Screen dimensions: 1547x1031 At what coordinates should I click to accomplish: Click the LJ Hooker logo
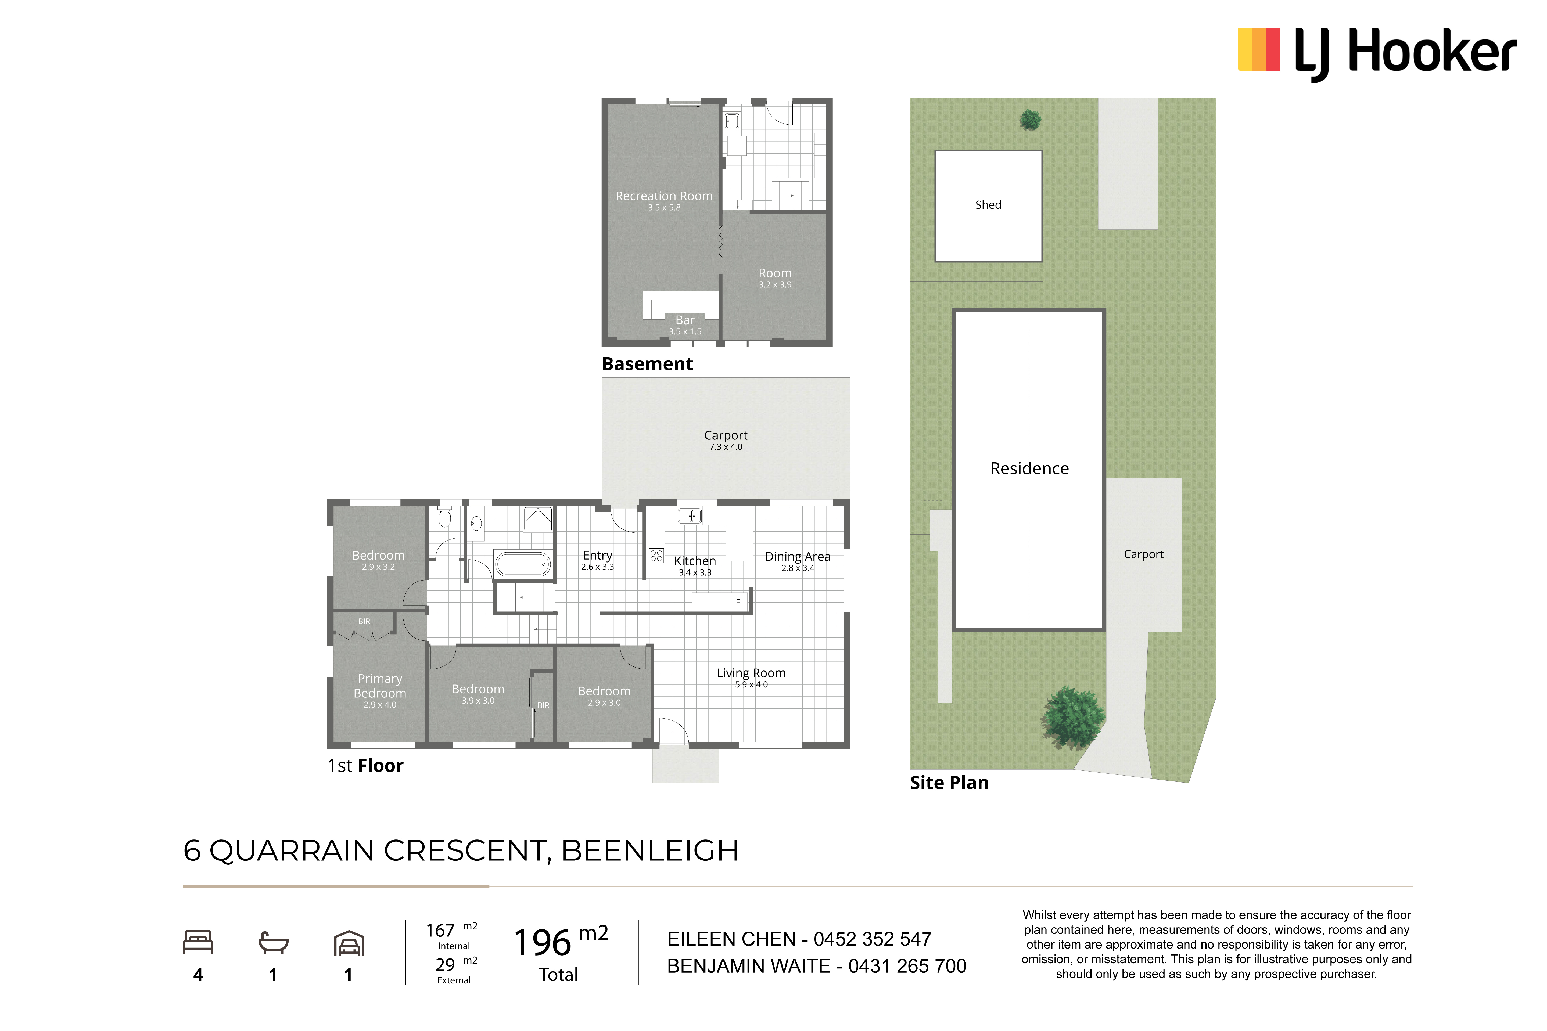1377,53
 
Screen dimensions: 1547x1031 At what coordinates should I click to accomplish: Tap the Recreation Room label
664,196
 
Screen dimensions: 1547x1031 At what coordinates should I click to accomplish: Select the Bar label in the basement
685,320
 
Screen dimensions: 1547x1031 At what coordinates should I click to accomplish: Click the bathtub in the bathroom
523,564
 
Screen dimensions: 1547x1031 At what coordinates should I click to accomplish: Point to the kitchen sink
689,516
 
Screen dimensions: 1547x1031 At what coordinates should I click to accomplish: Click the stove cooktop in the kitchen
656,556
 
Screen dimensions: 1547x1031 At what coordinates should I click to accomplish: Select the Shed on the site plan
988,206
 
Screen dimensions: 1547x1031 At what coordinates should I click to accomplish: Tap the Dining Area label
797,557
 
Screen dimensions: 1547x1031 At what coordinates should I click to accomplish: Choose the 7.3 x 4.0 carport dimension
726,447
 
